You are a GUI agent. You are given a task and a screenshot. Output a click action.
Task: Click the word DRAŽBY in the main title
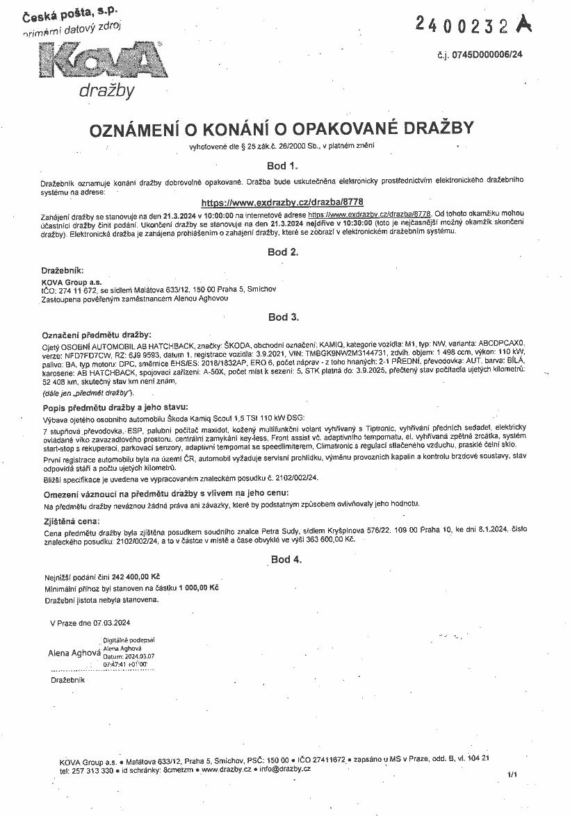pos(429,128)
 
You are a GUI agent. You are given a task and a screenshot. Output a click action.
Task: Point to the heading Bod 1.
pos(282,166)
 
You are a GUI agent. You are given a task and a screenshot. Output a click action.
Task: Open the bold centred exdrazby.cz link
pos(282,203)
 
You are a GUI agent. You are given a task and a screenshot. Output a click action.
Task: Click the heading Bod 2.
pos(282,252)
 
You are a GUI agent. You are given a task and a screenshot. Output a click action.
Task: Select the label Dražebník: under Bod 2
pos(63,269)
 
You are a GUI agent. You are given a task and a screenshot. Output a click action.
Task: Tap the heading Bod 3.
pos(283,317)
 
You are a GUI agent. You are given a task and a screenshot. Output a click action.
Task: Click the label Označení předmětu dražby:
pos(97,335)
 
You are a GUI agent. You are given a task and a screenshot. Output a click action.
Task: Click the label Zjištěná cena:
pos(71,520)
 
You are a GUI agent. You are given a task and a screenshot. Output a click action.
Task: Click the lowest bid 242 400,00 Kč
pos(131,577)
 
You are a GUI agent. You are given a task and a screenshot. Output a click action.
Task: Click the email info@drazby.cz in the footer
pos(286,770)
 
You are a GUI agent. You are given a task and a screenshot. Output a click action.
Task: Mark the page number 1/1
pos(513,774)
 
